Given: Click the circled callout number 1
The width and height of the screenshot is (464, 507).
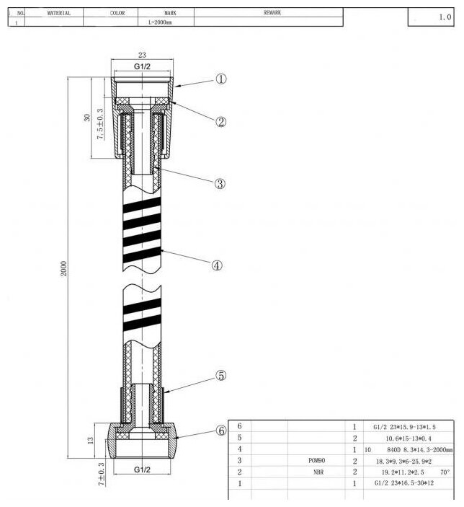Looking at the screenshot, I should (221, 79).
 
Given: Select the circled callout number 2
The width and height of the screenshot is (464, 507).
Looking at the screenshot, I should (221, 121).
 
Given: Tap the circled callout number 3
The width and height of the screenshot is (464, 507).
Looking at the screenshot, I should (220, 184).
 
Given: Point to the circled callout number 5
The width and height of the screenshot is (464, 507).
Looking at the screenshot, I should (221, 376).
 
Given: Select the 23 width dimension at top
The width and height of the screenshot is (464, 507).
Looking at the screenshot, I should (142, 55).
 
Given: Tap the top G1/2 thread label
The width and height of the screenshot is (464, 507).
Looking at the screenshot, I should (142, 66).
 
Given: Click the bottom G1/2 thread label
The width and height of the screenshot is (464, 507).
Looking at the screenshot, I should (142, 469).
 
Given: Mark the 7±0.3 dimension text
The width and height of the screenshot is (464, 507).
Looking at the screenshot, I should (100, 475).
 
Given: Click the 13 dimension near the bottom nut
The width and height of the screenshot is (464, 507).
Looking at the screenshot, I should (90, 439).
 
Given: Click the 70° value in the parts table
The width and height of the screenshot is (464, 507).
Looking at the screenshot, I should (445, 472).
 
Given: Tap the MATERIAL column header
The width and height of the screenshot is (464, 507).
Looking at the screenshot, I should (58, 13).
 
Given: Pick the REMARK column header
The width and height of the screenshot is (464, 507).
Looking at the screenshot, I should (272, 13).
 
